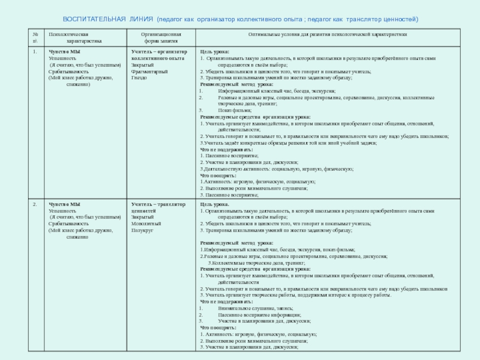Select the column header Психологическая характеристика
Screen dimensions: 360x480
click(75, 38)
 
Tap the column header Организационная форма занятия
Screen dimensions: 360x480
click(160, 38)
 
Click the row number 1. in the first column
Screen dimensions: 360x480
click(35, 52)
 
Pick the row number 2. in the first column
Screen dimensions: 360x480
click(35, 204)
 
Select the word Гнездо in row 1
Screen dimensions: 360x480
click(139, 78)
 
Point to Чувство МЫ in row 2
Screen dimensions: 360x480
click(64, 204)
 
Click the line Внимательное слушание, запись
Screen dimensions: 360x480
click(253, 308)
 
